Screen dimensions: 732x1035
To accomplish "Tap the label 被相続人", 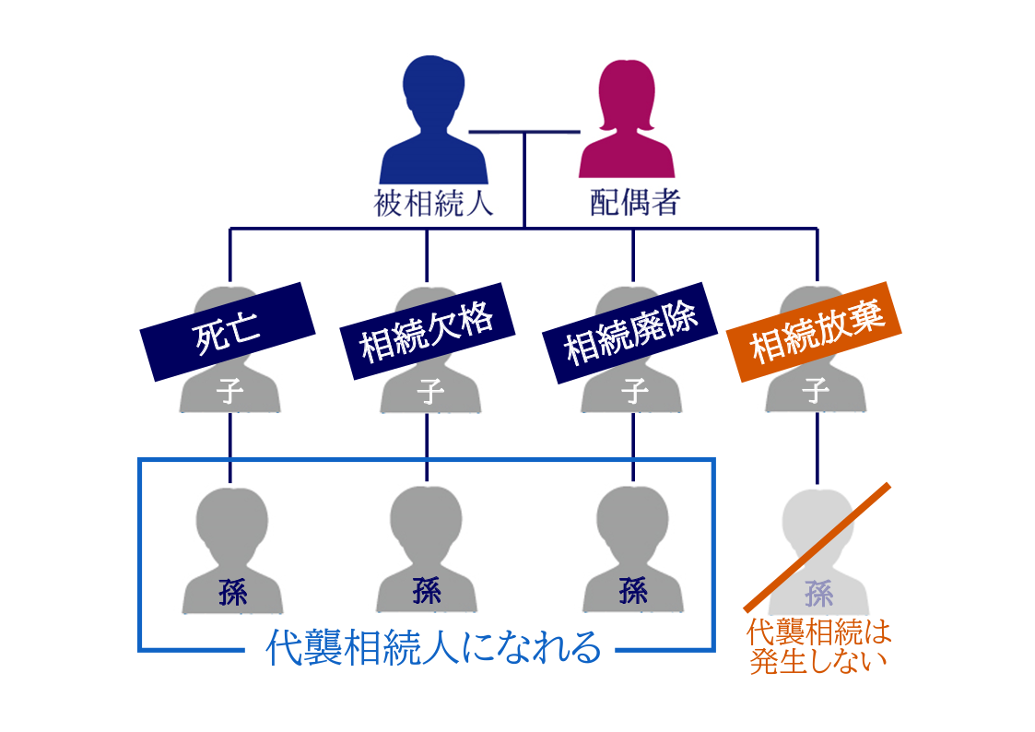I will tap(433, 202).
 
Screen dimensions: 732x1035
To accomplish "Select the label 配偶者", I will tap(634, 202).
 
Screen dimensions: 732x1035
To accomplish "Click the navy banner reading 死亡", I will tap(228, 333).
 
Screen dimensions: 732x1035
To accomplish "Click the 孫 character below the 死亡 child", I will tap(232, 591).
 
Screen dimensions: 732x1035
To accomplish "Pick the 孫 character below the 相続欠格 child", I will tap(427, 591).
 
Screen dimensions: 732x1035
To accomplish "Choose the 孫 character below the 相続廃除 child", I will tap(633, 591).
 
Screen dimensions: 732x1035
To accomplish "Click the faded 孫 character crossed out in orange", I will tap(818, 591).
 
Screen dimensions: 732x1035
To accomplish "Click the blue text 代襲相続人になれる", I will tap(433, 648).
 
